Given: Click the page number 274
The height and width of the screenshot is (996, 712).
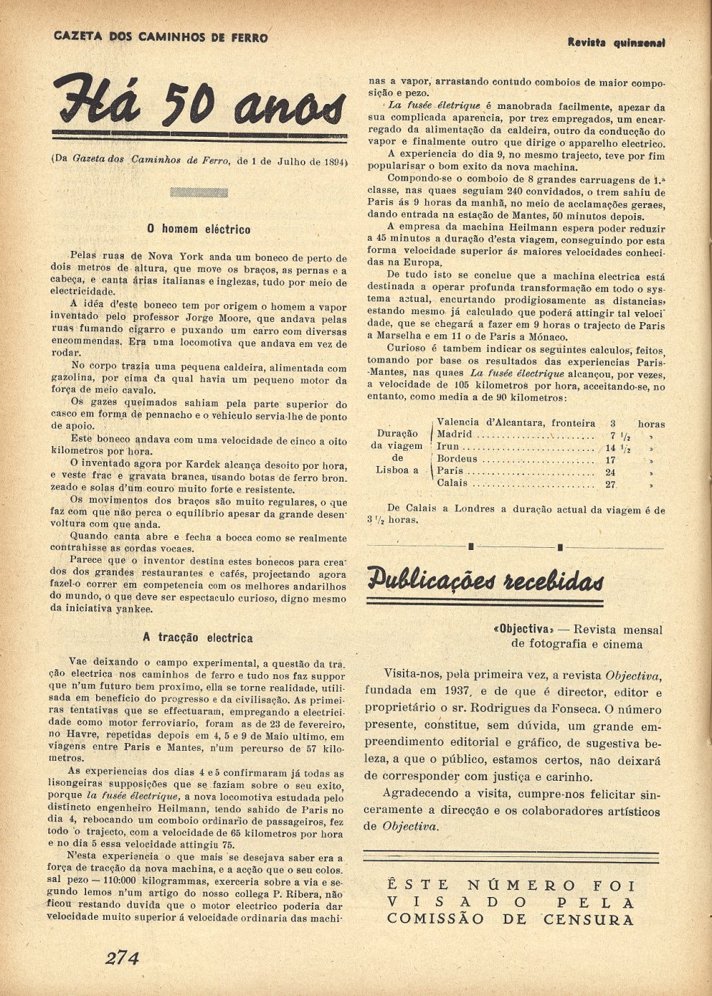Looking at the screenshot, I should (x=122, y=957).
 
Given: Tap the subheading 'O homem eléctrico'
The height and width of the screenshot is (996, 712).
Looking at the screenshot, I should (x=199, y=229).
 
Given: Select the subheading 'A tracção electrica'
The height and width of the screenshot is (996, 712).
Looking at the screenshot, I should (x=197, y=638).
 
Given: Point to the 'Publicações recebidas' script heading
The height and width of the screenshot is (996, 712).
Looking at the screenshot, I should (x=486, y=579).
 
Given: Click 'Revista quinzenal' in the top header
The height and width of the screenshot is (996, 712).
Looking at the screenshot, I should (x=616, y=43).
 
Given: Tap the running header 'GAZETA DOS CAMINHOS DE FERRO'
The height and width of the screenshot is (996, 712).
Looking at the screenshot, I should (x=161, y=36).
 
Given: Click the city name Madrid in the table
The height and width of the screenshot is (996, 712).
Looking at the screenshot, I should (x=454, y=434).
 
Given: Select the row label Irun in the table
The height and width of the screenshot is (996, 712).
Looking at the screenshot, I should (x=448, y=447).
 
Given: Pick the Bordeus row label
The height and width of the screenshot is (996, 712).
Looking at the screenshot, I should (x=456, y=459).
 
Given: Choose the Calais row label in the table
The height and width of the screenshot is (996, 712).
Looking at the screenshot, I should (x=452, y=483).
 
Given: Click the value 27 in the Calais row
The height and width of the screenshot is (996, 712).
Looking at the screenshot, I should (x=610, y=484).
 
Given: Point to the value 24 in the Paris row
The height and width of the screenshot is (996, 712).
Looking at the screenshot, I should (x=610, y=472).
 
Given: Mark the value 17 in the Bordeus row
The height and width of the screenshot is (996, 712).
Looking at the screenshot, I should (x=610, y=460).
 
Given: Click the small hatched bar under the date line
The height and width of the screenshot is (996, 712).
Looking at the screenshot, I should (x=199, y=192).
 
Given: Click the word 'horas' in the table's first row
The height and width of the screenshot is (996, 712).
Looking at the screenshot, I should (x=651, y=423).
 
